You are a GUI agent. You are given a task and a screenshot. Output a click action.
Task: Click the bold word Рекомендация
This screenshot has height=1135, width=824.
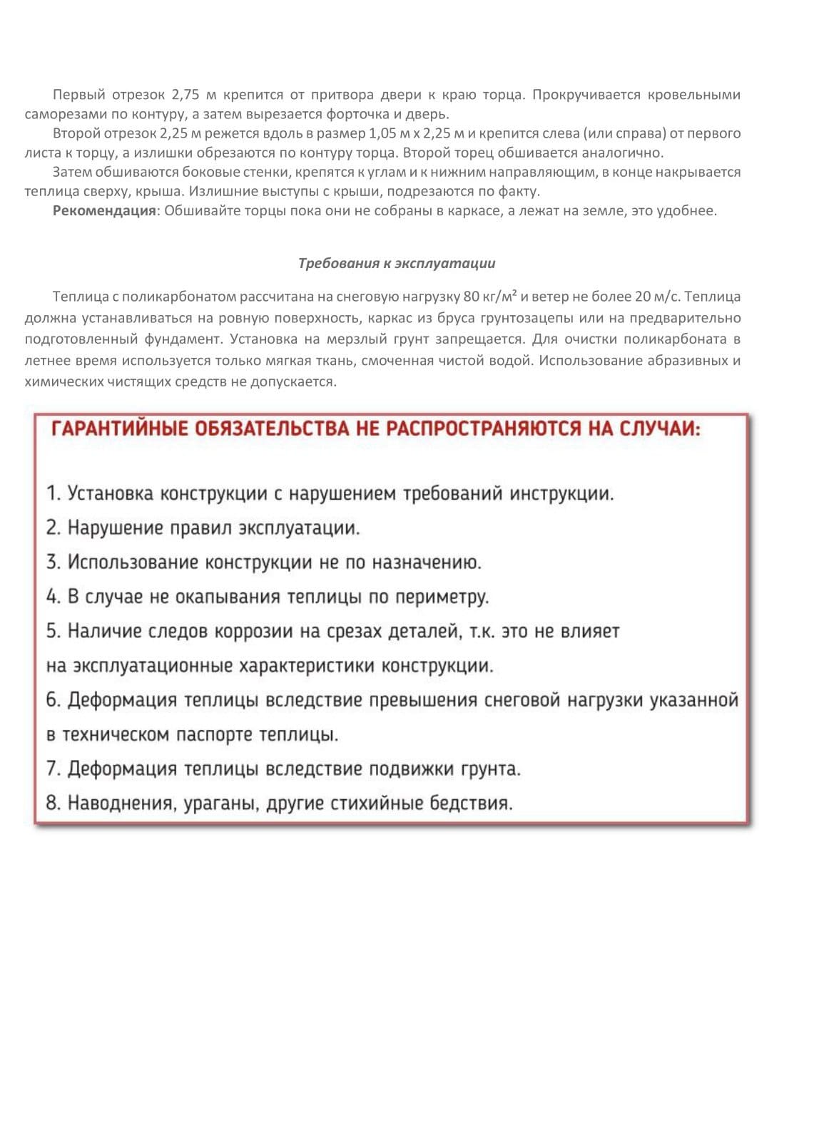[103, 210]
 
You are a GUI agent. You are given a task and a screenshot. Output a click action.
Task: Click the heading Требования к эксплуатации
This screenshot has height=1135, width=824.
[397, 263]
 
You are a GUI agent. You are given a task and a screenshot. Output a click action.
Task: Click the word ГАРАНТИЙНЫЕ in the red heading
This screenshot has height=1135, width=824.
[120, 429]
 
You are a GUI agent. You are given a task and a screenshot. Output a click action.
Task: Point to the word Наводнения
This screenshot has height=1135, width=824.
[121, 803]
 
